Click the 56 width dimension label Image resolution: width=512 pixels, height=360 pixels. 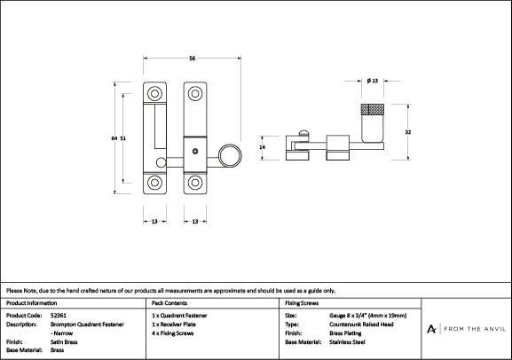(x=193, y=59)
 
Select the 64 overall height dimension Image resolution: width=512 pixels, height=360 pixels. (x=114, y=138)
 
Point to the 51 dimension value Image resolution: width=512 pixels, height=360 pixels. (x=122, y=138)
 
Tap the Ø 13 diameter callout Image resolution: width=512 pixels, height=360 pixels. (x=373, y=81)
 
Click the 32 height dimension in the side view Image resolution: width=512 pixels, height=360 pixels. (x=408, y=132)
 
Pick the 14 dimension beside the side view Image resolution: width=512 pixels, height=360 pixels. (x=262, y=147)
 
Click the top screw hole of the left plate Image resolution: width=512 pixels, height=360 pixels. (x=154, y=94)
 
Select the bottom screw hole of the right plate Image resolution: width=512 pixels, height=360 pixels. (x=195, y=183)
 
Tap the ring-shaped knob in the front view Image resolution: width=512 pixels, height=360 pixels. (x=230, y=155)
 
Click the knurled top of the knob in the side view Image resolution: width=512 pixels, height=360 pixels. (x=373, y=109)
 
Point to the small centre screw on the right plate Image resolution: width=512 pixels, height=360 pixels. (x=195, y=151)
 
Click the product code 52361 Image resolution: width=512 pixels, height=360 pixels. (x=59, y=316)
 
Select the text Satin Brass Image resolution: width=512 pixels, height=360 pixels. (x=64, y=342)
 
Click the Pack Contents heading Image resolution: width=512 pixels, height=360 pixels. (x=169, y=303)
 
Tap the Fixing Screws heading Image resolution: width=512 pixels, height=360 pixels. (x=302, y=303)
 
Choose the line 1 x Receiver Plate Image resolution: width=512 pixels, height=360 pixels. (x=174, y=325)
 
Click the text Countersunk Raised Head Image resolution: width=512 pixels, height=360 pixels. (x=361, y=325)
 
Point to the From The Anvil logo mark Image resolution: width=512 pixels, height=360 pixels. (x=431, y=329)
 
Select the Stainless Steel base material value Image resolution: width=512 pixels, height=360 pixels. (x=347, y=342)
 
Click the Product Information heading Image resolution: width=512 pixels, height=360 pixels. (x=31, y=303)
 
